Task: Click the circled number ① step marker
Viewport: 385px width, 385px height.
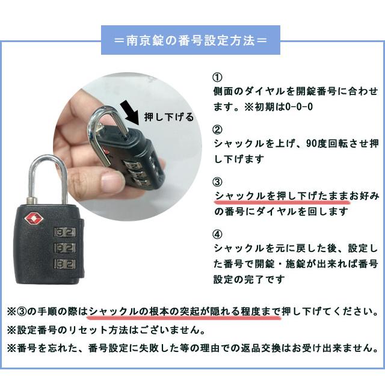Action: [218, 79]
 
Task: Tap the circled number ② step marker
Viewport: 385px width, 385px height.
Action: [218, 130]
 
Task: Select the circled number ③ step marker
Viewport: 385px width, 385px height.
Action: [218, 182]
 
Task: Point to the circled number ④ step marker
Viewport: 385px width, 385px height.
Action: [218, 235]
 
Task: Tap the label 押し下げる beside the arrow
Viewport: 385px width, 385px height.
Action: [170, 117]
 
